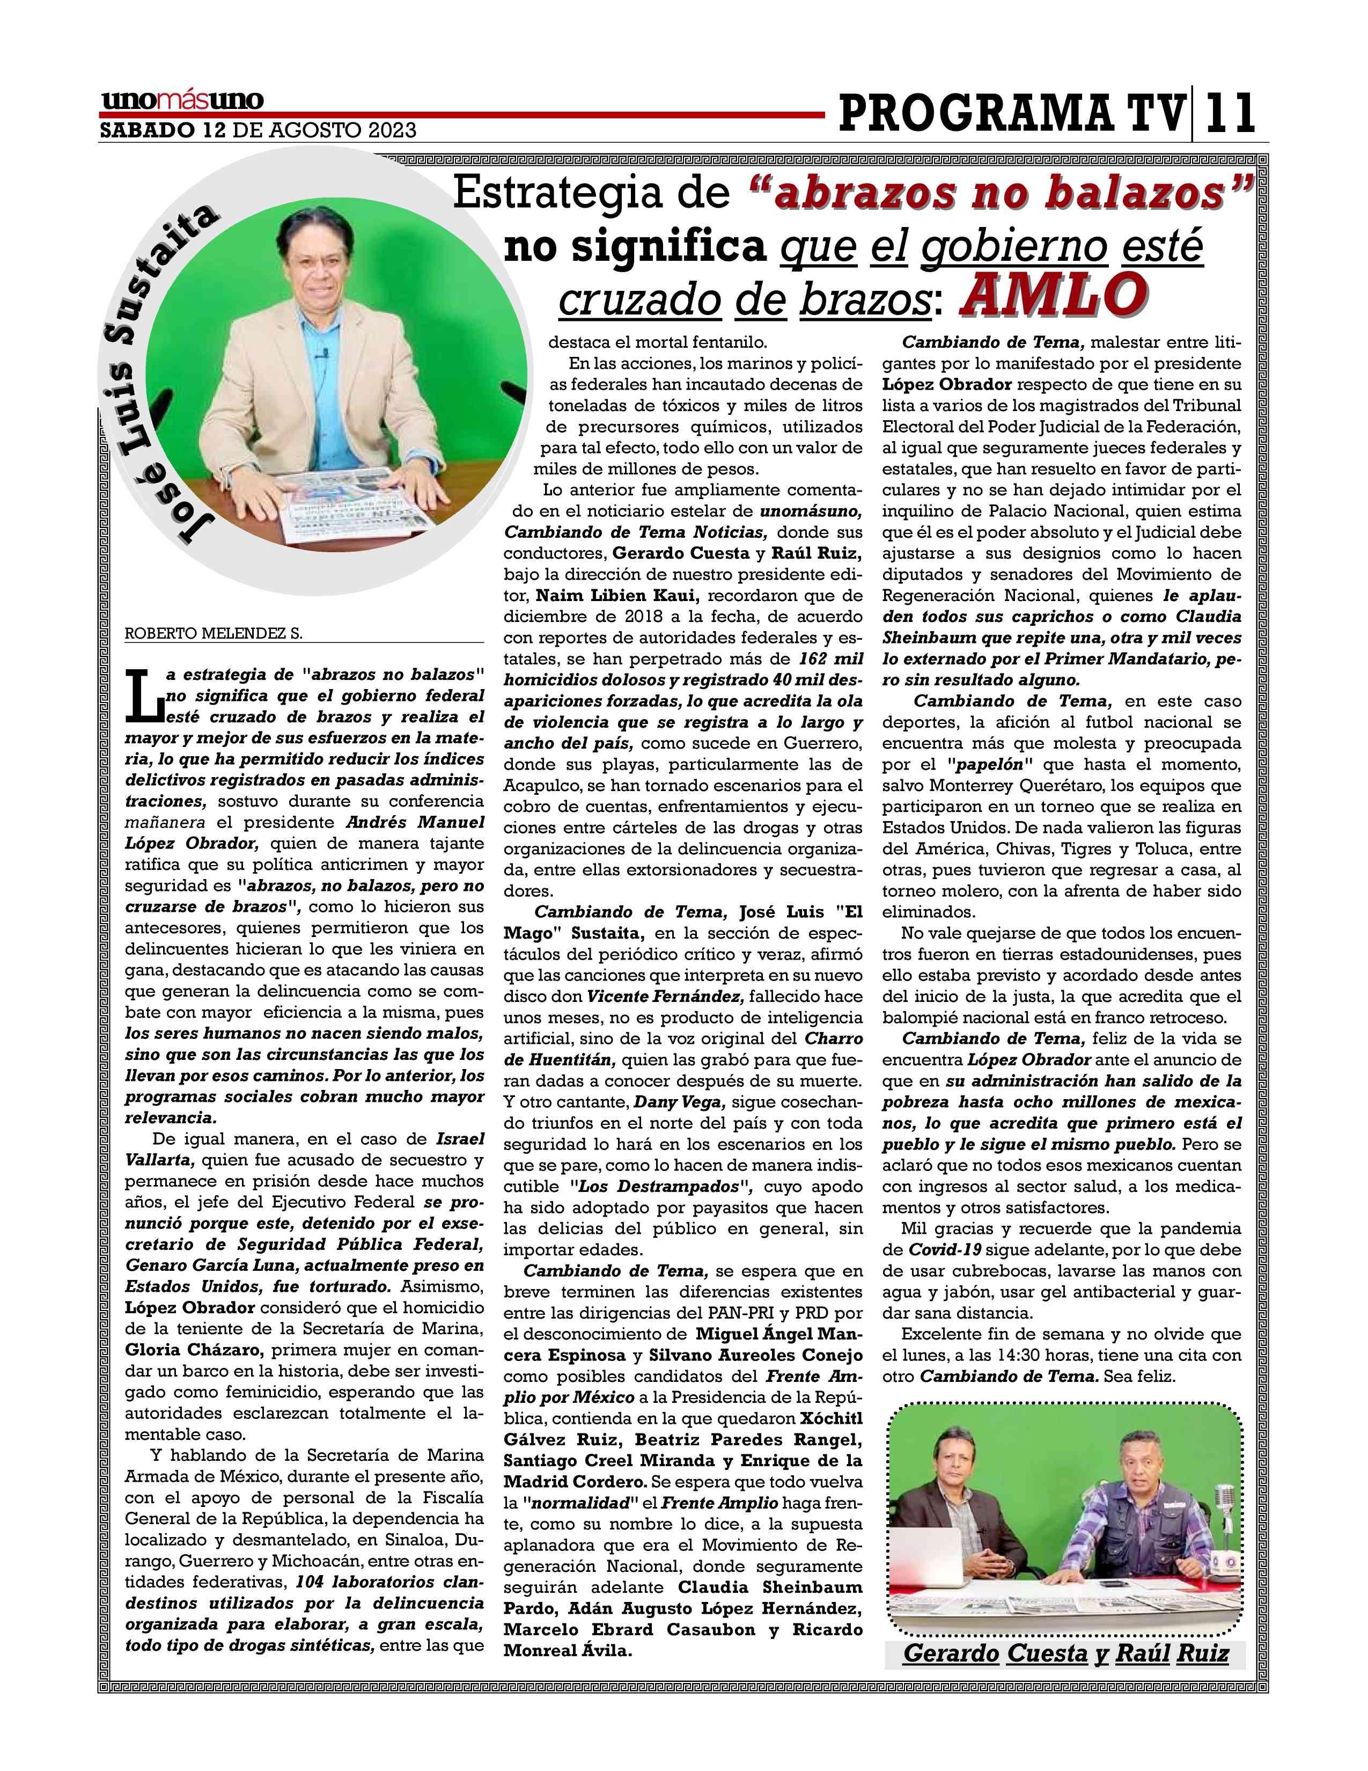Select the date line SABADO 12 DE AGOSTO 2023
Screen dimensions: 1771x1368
click(258, 130)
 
